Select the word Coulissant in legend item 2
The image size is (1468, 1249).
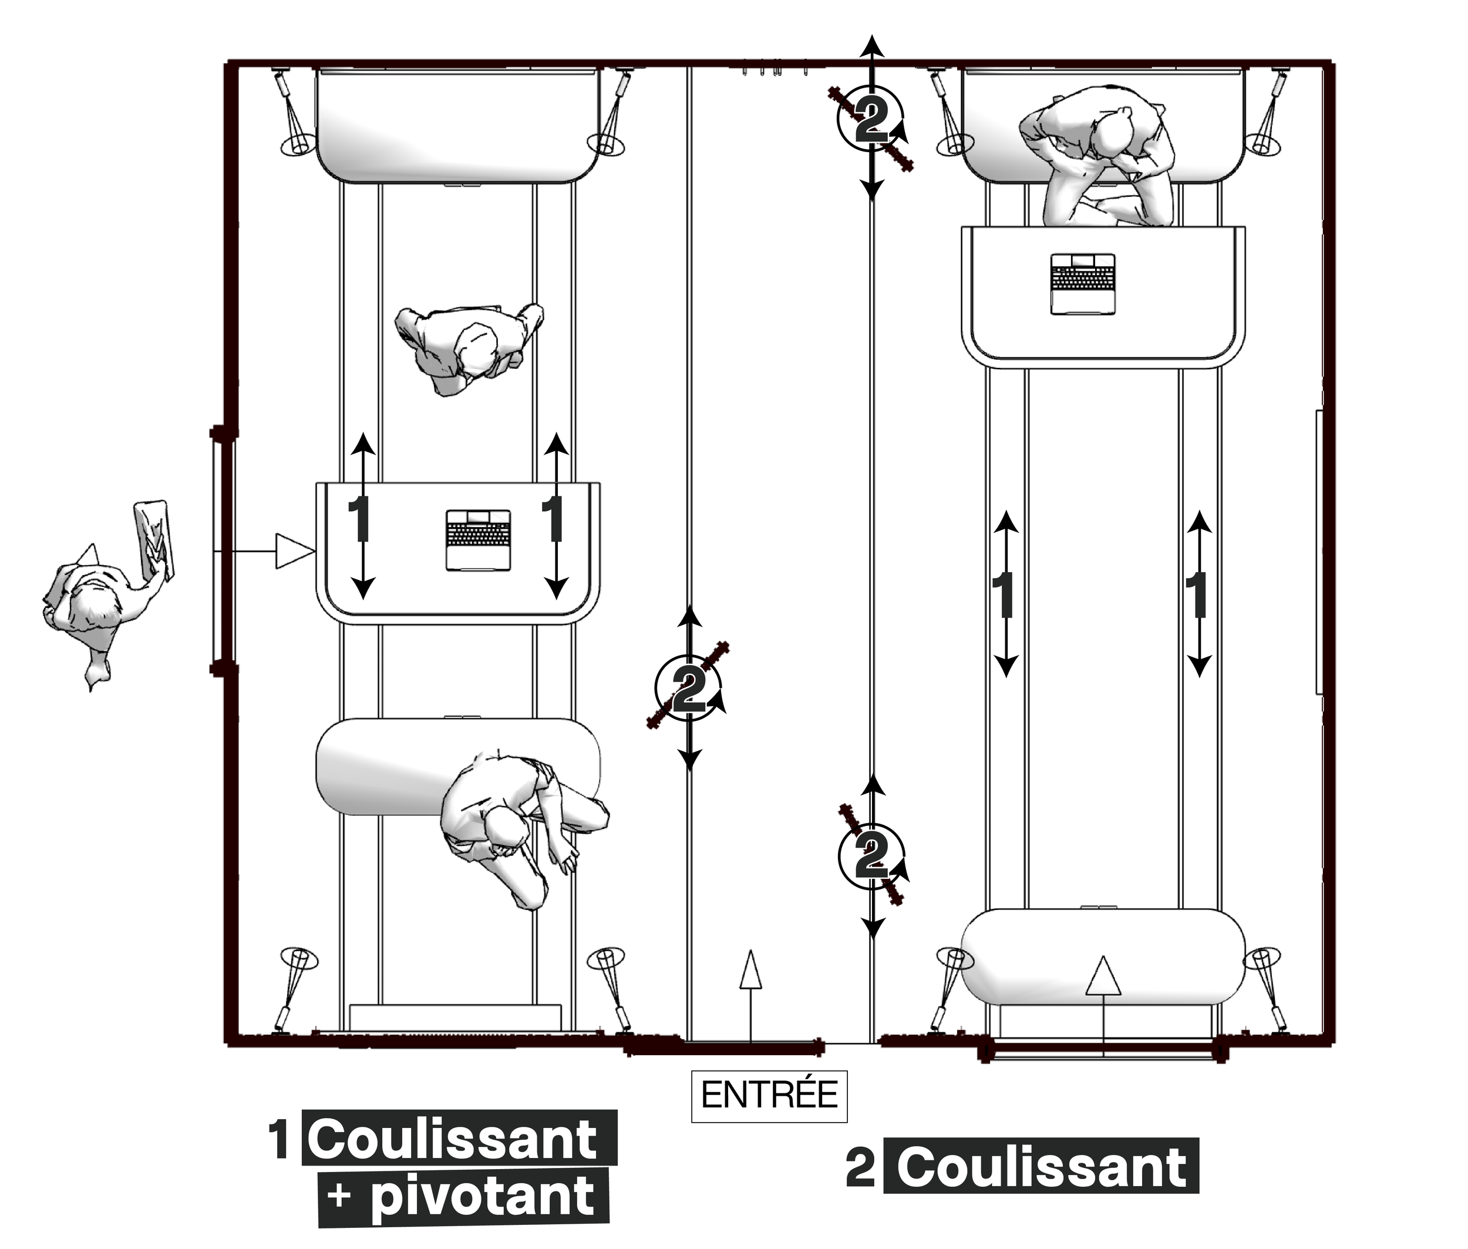point(1042,1166)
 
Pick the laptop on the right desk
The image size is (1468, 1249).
point(1082,284)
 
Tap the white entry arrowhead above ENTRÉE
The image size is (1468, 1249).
point(750,969)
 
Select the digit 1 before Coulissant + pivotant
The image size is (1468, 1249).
point(279,1139)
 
